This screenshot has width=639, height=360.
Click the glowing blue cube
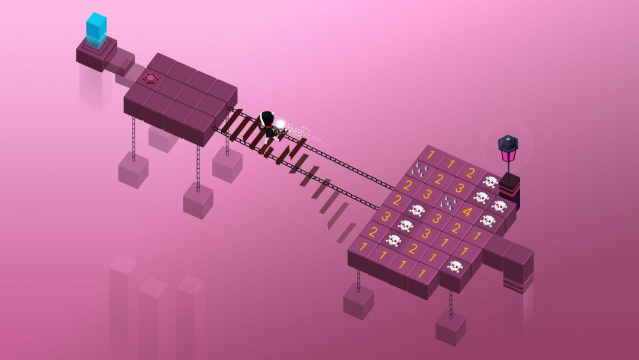(x=96, y=26)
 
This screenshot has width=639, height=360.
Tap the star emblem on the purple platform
(x=150, y=78)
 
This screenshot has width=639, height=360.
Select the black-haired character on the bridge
(x=268, y=127)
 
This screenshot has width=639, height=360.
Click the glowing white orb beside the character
(x=280, y=124)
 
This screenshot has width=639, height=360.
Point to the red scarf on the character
(x=268, y=127)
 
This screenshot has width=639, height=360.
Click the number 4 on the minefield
(x=467, y=211)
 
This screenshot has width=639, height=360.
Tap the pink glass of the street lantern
(x=508, y=155)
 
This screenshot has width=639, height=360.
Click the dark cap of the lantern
(x=508, y=143)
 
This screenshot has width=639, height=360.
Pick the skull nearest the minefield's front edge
(x=455, y=267)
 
